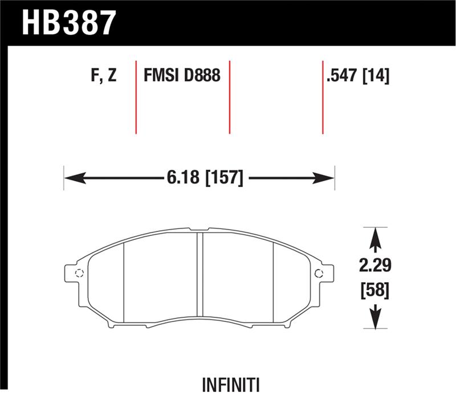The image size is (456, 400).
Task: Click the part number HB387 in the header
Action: pos(69,22)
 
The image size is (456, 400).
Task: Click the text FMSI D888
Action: pos(182,76)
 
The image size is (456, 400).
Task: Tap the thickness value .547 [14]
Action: pos(357,76)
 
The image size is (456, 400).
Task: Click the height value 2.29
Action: pos(375,266)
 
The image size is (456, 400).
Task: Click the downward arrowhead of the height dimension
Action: pos(375,323)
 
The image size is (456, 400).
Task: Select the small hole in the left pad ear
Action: pos(79,272)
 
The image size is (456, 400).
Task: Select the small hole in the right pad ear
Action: pos(319,272)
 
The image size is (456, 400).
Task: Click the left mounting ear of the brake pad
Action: pos(74,272)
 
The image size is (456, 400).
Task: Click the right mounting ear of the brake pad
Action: pos(324,272)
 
